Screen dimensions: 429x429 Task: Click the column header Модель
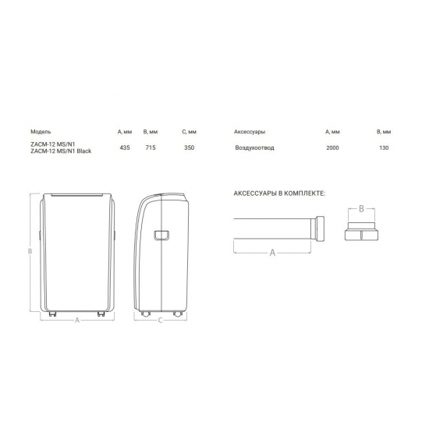tap(41, 132)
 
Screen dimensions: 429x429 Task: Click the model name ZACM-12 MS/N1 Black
tap(61, 151)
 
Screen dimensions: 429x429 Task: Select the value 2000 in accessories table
tap(333, 147)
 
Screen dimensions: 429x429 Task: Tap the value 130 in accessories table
tap(382, 147)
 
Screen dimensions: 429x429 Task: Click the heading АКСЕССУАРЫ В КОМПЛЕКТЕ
tap(278, 192)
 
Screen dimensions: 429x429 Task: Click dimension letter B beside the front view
tap(29, 251)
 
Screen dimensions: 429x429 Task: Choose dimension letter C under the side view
tap(160, 321)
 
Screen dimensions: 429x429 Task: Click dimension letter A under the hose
tap(271, 253)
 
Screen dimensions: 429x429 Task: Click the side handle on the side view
tap(161, 235)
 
